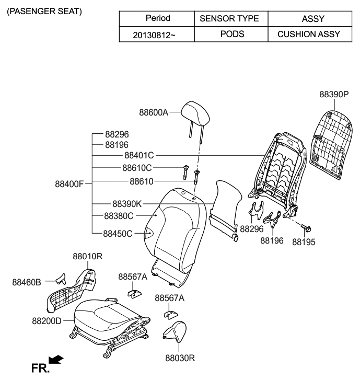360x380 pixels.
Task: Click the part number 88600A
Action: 154,112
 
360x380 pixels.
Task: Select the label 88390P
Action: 334,95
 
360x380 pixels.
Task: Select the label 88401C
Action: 139,155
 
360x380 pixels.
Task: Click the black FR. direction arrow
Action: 56,360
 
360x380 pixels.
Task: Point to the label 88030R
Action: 179,359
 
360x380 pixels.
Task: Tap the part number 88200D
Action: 47,320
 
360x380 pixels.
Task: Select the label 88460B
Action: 26,282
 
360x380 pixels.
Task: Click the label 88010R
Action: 87,256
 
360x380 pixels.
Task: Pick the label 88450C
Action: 118,234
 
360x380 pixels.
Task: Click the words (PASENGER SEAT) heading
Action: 44,11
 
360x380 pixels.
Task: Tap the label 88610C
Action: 137,168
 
